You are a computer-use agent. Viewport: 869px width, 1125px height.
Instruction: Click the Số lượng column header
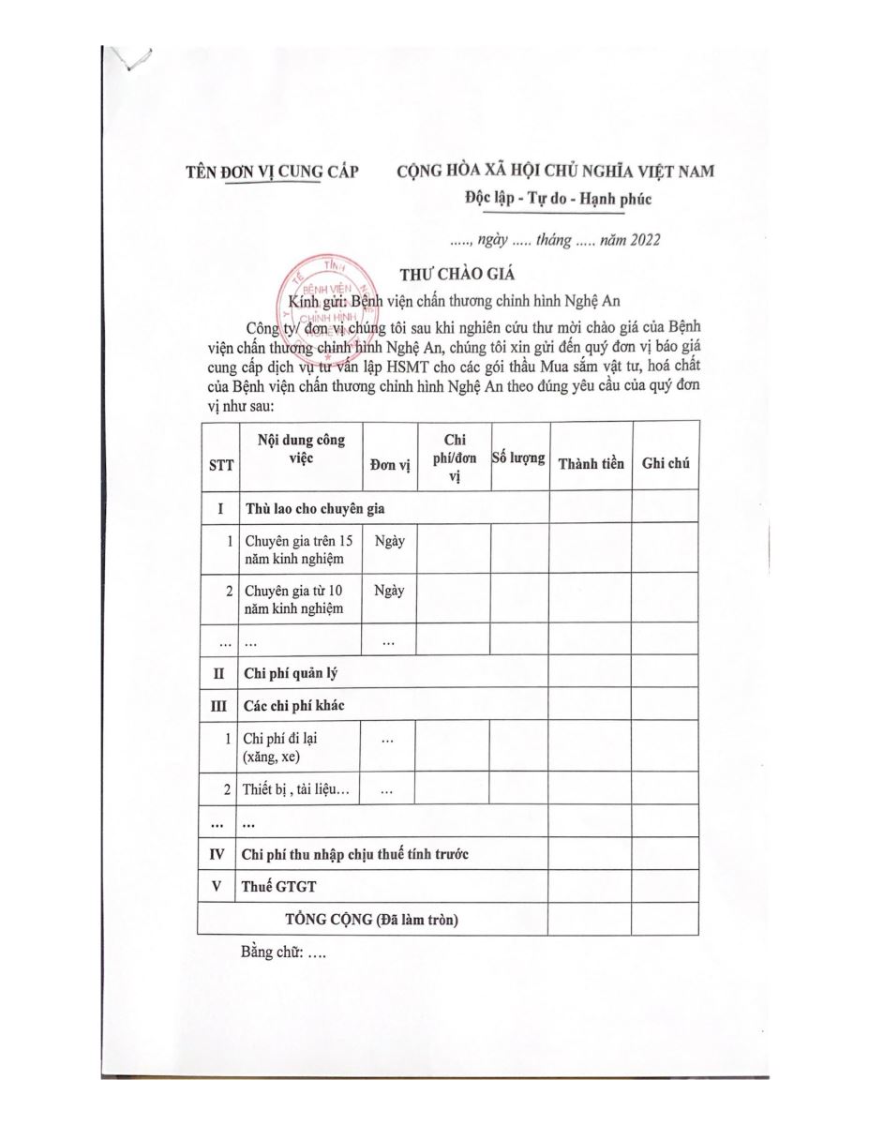(x=519, y=458)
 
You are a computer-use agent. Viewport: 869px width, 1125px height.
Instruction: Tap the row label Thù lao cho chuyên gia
(x=314, y=509)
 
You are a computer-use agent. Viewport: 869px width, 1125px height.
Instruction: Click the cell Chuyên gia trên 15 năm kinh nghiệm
(x=299, y=550)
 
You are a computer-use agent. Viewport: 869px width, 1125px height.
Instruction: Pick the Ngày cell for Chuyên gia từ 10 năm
(x=388, y=591)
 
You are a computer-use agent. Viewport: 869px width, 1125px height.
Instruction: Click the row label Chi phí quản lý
(x=291, y=671)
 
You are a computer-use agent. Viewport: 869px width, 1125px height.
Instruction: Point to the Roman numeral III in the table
(x=219, y=704)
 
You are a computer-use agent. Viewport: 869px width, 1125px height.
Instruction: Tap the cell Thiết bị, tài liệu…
(x=296, y=789)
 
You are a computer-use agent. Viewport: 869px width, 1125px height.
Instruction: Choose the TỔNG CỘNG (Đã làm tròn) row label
(x=371, y=920)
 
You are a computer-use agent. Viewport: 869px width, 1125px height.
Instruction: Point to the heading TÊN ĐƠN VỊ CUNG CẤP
(x=264, y=172)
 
